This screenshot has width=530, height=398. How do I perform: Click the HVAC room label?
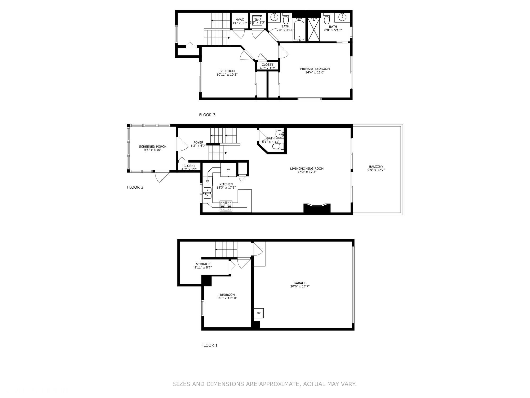[x=240, y=20]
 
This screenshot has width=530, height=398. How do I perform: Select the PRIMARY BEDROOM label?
[x=315, y=69]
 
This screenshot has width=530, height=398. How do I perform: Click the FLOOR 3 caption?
[x=207, y=115]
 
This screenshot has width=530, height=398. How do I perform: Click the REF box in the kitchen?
[x=228, y=170]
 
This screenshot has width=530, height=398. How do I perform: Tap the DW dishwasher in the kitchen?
[x=207, y=181]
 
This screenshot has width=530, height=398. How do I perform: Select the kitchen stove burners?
[x=226, y=204]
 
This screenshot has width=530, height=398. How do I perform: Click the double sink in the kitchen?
[x=207, y=193]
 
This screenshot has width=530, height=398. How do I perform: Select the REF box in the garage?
[x=259, y=313]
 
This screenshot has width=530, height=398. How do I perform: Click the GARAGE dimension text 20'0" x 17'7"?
[x=300, y=287]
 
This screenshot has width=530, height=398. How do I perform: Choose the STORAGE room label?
[x=203, y=264]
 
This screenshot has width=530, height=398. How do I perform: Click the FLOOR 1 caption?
[x=209, y=345]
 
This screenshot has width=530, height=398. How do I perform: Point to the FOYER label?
[x=198, y=142]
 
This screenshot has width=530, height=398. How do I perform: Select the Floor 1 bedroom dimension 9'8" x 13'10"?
[x=227, y=298]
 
